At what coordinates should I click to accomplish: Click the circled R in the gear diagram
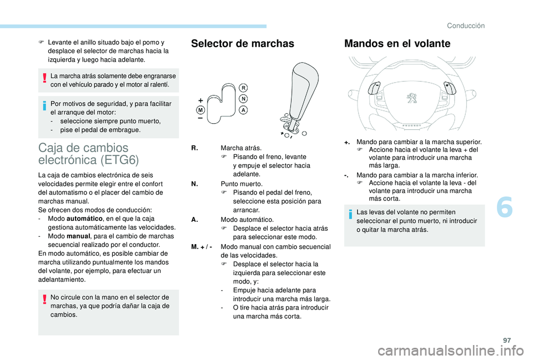click(243, 88)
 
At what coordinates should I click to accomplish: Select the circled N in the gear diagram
click(243, 99)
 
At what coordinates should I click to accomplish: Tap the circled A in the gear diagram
click(243, 110)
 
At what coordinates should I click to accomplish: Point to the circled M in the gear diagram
click(200, 110)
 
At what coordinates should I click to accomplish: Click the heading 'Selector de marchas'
click(242, 44)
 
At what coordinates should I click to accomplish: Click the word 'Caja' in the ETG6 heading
click(52, 148)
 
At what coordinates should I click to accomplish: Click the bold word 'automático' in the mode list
click(83, 219)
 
